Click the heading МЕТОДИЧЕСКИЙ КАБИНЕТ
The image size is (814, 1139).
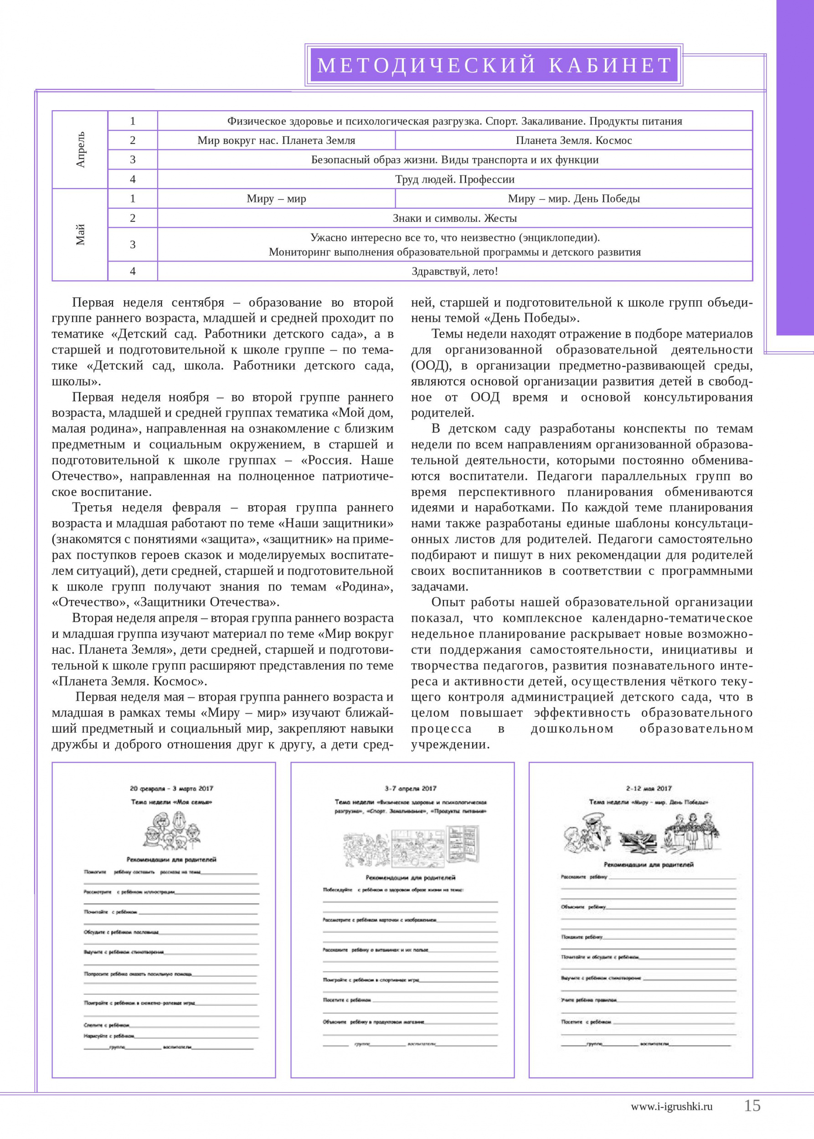(x=494, y=65)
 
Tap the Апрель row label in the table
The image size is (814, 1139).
(x=80, y=149)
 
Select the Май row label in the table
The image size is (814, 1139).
(x=80, y=234)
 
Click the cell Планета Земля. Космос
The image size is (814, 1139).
(x=573, y=140)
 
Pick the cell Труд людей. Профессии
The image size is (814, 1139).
(x=454, y=180)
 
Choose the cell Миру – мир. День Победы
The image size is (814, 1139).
(x=573, y=199)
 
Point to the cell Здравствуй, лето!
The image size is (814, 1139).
(x=454, y=271)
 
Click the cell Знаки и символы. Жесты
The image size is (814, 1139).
(x=454, y=218)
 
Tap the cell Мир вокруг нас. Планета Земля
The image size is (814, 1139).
(x=276, y=140)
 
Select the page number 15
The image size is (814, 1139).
(x=752, y=1105)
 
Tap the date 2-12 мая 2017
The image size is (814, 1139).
(x=648, y=789)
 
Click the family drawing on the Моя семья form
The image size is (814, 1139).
(x=171, y=830)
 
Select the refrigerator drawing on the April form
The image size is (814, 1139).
(x=464, y=845)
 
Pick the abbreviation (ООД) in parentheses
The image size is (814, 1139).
(x=431, y=365)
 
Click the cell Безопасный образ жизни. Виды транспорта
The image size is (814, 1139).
(x=454, y=160)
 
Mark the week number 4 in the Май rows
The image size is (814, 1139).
(x=133, y=271)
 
